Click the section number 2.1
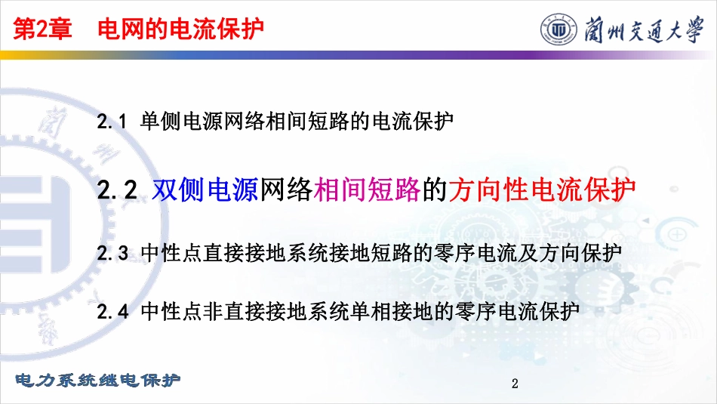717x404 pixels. click(112, 122)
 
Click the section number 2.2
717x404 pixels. click(117, 190)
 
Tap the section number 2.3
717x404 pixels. click(112, 253)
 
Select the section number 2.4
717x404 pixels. click(112, 312)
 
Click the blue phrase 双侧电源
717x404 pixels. click(205, 190)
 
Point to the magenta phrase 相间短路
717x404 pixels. click(367, 190)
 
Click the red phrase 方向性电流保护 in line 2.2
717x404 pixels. click(542, 190)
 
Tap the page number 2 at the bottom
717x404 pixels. click(515, 384)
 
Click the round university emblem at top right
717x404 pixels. click(559, 29)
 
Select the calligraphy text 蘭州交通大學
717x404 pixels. click(644, 29)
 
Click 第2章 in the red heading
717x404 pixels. click(42, 29)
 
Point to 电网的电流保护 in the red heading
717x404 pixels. click(180, 29)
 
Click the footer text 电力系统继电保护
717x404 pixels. click(98, 380)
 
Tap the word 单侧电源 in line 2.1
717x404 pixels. click(182, 122)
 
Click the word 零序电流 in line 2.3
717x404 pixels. click(475, 253)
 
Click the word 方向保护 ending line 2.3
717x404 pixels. click(580, 253)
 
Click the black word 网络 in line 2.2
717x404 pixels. click(286, 190)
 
